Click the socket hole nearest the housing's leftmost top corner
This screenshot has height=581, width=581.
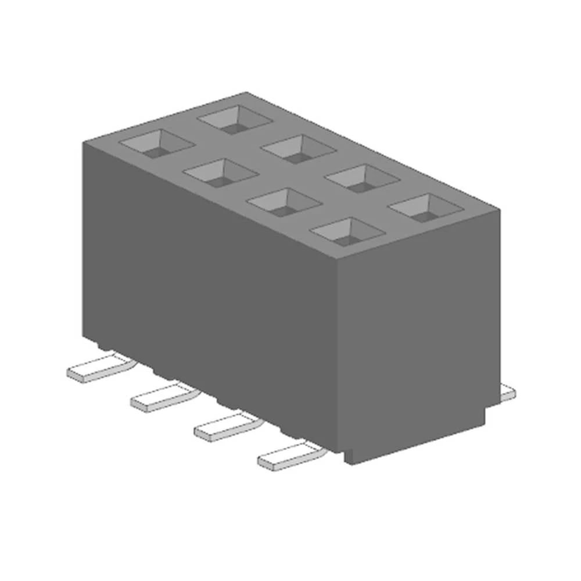point(156,143)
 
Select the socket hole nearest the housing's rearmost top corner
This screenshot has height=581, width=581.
point(235,120)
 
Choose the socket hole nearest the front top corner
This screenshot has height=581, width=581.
point(347,232)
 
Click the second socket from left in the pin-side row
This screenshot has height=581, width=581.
point(221,172)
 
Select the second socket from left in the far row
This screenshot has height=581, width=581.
point(299,149)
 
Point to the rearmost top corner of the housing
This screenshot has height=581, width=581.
point(245,93)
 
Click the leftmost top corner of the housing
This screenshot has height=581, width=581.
point(83,141)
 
